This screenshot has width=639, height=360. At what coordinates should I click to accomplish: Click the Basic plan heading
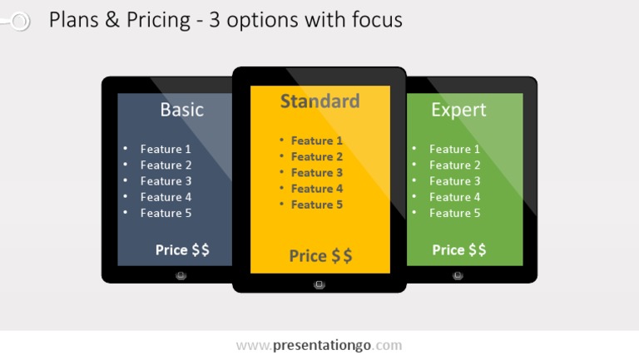point(181,110)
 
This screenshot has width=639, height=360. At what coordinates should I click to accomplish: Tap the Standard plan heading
point(319,101)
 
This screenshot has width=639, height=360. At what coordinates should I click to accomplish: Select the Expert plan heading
point(459,110)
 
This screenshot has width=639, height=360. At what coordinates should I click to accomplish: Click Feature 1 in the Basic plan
point(166,149)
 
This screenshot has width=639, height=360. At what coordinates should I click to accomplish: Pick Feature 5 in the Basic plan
point(166,213)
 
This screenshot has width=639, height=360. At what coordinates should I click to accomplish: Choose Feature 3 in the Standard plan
point(317,173)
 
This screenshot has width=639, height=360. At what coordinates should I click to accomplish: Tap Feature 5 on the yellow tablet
point(317,205)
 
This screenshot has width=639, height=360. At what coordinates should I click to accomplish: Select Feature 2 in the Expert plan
point(454,165)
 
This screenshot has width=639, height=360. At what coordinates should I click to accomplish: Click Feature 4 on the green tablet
point(454,197)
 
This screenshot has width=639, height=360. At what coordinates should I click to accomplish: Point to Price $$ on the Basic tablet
point(182,249)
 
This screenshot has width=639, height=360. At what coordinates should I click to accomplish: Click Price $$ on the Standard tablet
point(320,256)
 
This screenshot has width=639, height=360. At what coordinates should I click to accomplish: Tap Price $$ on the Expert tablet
point(459,249)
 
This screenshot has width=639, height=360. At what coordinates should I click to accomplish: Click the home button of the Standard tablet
point(319,284)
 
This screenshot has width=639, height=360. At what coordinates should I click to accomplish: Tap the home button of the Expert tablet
point(458,276)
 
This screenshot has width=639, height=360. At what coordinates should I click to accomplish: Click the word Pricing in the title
point(158,20)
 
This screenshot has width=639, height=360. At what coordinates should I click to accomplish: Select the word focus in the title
point(377,20)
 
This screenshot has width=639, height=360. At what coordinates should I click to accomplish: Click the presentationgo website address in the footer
point(319,345)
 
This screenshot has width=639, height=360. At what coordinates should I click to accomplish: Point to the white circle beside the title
point(20,21)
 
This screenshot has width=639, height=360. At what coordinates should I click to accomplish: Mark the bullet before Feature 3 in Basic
point(125,180)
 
